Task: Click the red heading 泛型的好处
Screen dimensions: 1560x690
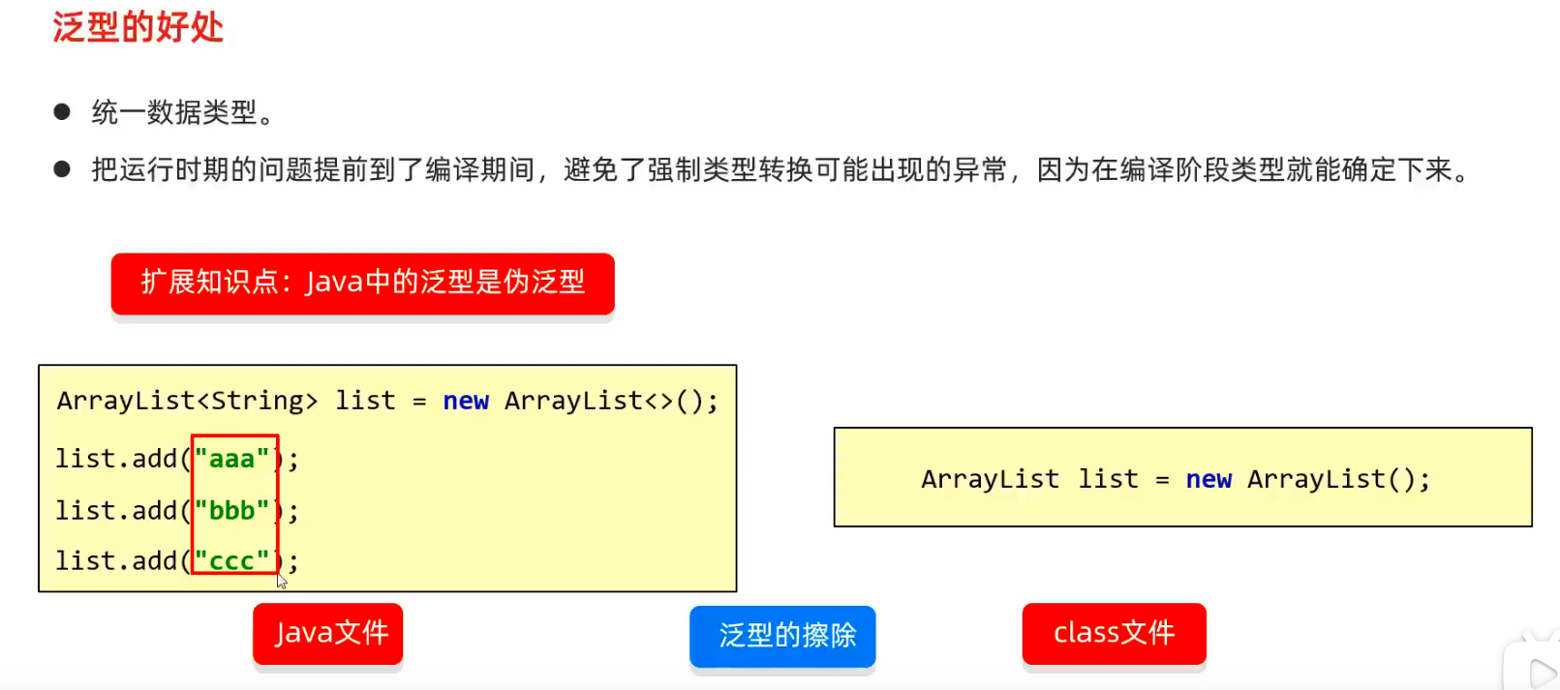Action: (138, 27)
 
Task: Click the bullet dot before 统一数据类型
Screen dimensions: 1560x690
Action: (62, 112)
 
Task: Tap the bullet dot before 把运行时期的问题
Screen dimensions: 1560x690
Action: (62, 170)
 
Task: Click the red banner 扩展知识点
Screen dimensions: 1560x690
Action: (362, 283)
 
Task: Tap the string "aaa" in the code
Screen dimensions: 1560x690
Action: (232, 459)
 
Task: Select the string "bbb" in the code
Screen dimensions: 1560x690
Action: (232, 510)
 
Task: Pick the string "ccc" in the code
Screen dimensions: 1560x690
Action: (232, 561)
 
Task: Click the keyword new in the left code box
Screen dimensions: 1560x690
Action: (466, 402)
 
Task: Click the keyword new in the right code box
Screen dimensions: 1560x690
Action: (1208, 480)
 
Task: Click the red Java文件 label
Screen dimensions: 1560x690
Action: (328, 634)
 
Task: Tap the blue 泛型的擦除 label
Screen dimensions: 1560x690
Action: (782, 636)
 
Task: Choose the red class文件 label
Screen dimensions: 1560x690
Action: (1114, 634)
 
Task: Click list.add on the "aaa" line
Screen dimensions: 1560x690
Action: (116, 459)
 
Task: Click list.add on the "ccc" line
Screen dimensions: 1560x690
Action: (116, 561)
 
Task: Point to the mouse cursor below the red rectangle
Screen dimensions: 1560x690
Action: (282, 581)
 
